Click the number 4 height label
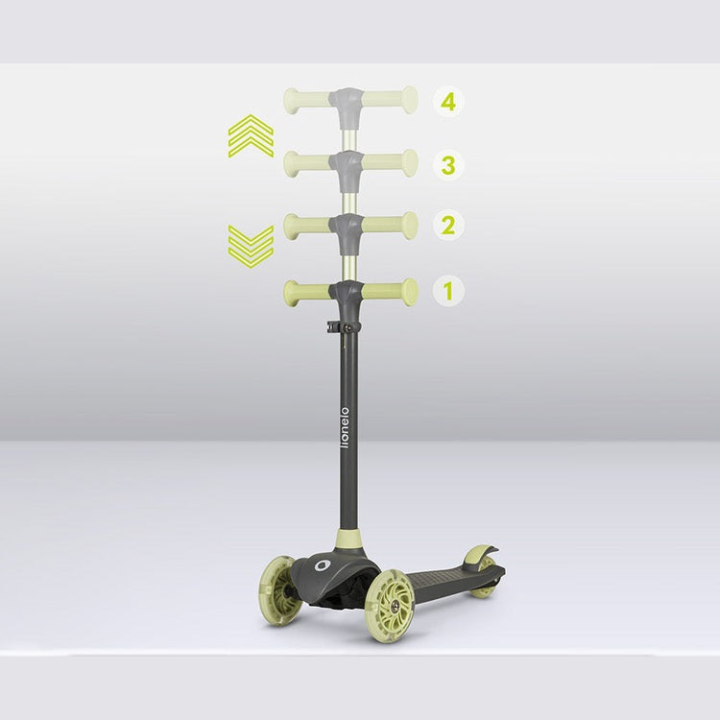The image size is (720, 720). click(x=448, y=102)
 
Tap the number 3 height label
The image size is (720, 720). click(x=448, y=165)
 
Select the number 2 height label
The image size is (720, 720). click(x=448, y=225)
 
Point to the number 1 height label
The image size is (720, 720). click(x=448, y=290)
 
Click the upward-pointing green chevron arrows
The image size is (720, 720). click(x=251, y=136)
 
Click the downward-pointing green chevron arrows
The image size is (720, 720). click(x=251, y=247)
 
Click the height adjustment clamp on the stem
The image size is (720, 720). click(x=344, y=326)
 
